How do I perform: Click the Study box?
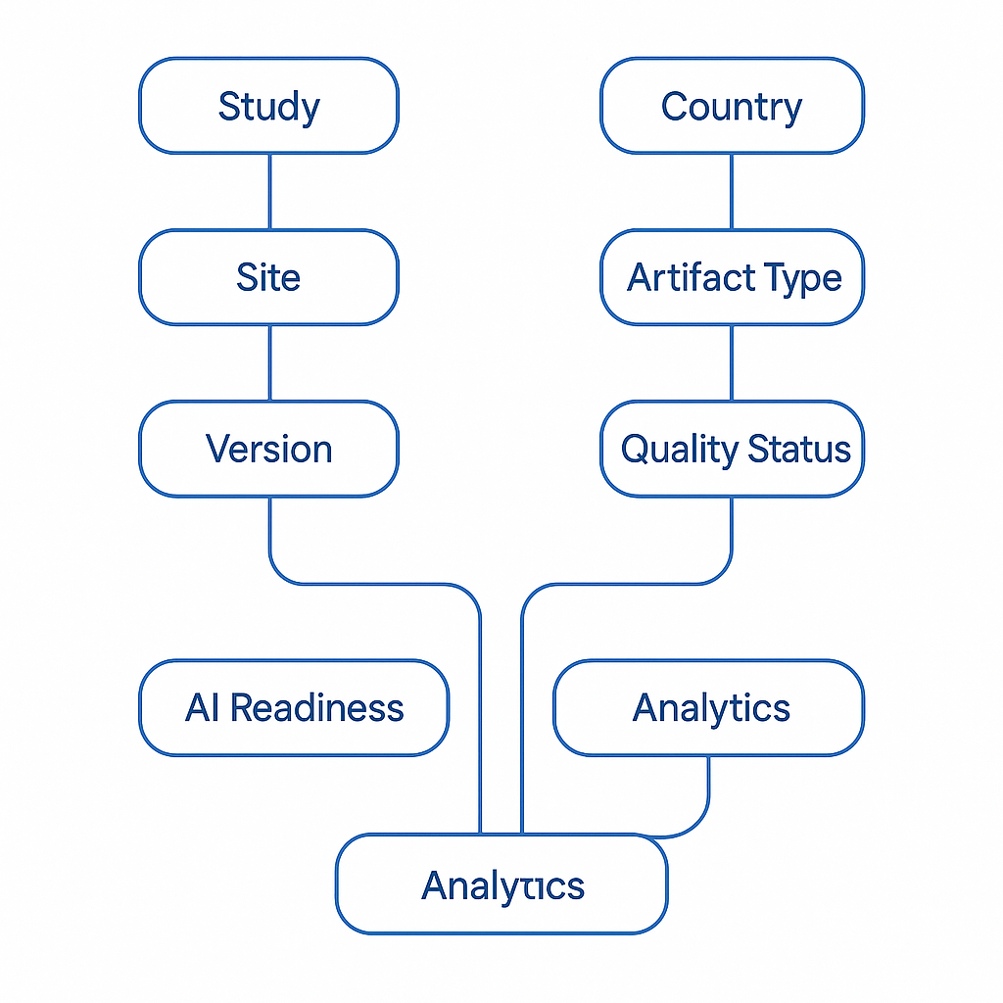pyautogui.click(x=268, y=106)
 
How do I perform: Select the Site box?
pyautogui.click(x=268, y=277)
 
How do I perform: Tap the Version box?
pyautogui.click(x=268, y=449)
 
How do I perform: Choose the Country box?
pyautogui.click(x=732, y=106)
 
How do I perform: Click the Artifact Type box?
pyautogui.click(x=732, y=277)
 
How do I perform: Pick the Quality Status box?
pyautogui.click(x=732, y=449)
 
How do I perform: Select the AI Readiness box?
pyautogui.click(x=294, y=707)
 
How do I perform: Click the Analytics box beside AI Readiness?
pyautogui.click(x=709, y=707)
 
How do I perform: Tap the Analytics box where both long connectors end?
pyautogui.click(x=501, y=884)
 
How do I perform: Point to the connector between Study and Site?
pyautogui.click(x=269, y=191)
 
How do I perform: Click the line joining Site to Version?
pyautogui.click(x=269, y=362)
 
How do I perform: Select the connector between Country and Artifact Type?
pyautogui.click(x=732, y=191)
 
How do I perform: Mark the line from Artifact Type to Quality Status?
pyautogui.click(x=732, y=362)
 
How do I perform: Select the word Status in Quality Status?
pyautogui.click(x=799, y=450)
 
